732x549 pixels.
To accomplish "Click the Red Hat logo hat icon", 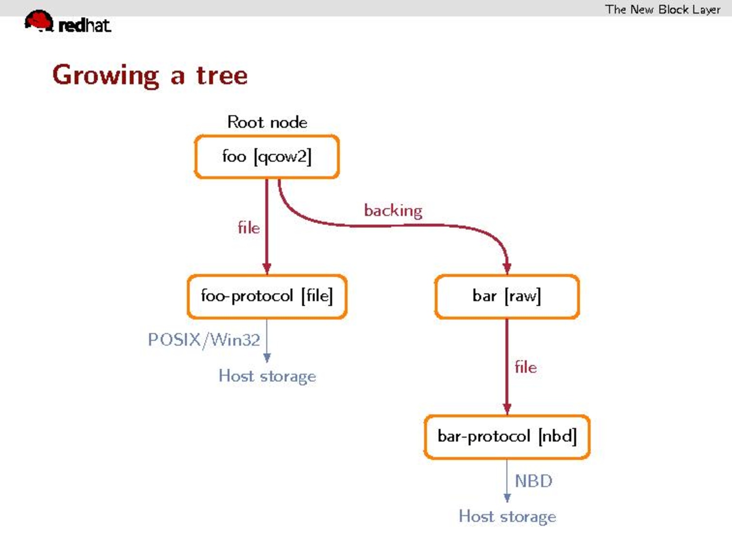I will click(x=39, y=20).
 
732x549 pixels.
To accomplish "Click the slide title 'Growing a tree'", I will click(x=150, y=75).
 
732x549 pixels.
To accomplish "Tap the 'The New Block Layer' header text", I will click(x=662, y=9).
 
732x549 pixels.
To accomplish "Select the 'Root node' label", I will click(x=267, y=122).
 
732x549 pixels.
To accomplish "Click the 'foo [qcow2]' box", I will click(x=267, y=157).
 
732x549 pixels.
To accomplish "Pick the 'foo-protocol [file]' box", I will click(x=267, y=296).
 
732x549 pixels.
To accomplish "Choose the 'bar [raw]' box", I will click(x=507, y=296).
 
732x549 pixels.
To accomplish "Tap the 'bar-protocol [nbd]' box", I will click(x=507, y=436).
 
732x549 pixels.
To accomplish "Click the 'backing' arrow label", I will click(x=393, y=210).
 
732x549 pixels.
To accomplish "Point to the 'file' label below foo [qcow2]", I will click(x=249, y=227).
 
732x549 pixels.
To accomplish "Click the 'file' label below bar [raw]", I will click(x=525, y=367).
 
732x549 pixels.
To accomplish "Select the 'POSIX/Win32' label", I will click(x=204, y=340).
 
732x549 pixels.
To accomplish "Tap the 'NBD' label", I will click(x=533, y=481).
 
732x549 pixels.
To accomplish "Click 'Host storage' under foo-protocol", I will click(x=267, y=376).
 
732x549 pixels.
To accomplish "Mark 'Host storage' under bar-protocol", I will click(x=507, y=517).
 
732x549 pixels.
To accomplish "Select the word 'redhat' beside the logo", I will click(x=84, y=25).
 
